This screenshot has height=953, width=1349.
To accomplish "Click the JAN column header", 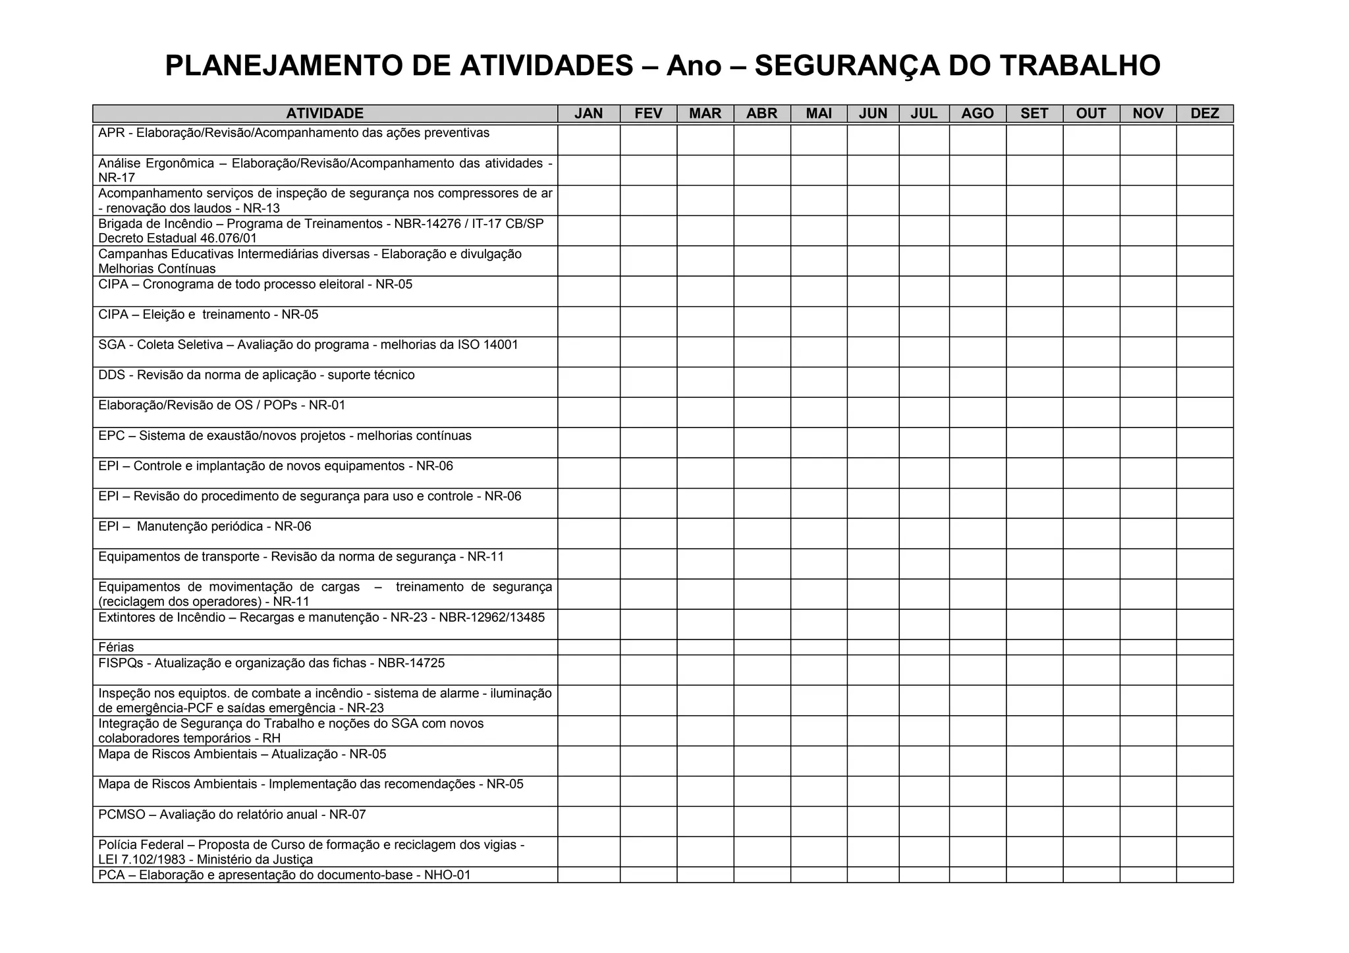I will click(x=588, y=113).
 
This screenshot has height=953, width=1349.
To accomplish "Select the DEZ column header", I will click(x=1204, y=113).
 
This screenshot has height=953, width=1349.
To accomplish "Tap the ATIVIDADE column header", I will click(x=325, y=113).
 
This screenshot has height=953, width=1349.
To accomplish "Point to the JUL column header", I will click(x=923, y=113).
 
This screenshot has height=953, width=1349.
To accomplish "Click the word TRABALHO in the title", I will click(x=1080, y=66).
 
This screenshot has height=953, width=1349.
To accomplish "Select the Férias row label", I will click(x=116, y=647).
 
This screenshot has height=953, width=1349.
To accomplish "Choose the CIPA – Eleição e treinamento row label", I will click(x=208, y=315).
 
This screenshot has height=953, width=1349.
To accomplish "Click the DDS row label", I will click(x=256, y=375).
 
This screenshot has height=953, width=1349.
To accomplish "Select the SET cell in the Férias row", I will click(x=1034, y=647).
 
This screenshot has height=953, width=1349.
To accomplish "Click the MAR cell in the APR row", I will click(x=705, y=140).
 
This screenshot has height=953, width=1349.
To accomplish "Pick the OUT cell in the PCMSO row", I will click(x=1091, y=821).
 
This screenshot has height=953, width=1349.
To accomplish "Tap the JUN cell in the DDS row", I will click(x=873, y=382).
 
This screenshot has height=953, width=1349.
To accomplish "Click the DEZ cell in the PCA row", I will click(x=1204, y=875).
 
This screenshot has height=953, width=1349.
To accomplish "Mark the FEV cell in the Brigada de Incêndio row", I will click(x=648, y=231).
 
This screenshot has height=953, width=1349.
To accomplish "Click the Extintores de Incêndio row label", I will click(x=321, y=618).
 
